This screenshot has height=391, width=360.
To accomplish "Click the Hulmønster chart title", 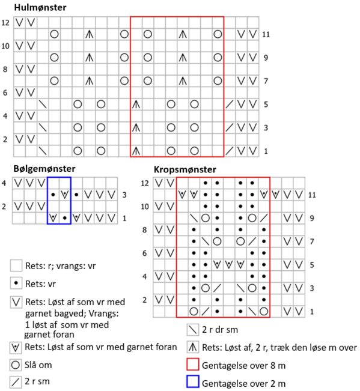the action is coord(40,7).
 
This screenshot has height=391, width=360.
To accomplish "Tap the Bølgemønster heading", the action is coord(44,169).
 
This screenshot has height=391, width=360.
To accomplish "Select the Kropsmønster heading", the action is coord(185,169).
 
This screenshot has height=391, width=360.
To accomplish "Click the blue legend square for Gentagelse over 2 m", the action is coord(193,381).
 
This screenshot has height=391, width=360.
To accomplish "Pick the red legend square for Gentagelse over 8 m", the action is coord(193,364).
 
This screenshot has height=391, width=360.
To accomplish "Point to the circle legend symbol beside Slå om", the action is coord(16,365).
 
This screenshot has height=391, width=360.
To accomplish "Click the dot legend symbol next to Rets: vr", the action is coord(16,283).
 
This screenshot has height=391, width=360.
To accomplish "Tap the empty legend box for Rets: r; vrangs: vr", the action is coord(16,265).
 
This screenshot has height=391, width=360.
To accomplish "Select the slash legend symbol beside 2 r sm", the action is coord(16,382).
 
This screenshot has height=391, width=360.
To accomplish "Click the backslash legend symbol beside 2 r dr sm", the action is coord(192,330).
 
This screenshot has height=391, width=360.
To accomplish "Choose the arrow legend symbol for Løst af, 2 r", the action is coord(192,347).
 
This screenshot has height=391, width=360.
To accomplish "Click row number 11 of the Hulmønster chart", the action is coord(266,34).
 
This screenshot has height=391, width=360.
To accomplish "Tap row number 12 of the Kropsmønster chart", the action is coord(145,183).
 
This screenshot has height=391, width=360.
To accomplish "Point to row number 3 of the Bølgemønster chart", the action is coord(124,195).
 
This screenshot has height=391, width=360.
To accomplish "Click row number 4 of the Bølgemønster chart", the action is coord(4,183).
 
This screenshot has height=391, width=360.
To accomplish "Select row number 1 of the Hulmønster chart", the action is coord(266,151).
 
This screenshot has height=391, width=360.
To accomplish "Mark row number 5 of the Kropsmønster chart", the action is coord(312,265).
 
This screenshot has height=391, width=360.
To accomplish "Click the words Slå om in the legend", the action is coord(38,365).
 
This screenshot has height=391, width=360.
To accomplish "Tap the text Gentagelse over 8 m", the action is coord(243,366).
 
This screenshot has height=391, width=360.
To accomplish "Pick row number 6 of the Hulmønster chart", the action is coord(5,92).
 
